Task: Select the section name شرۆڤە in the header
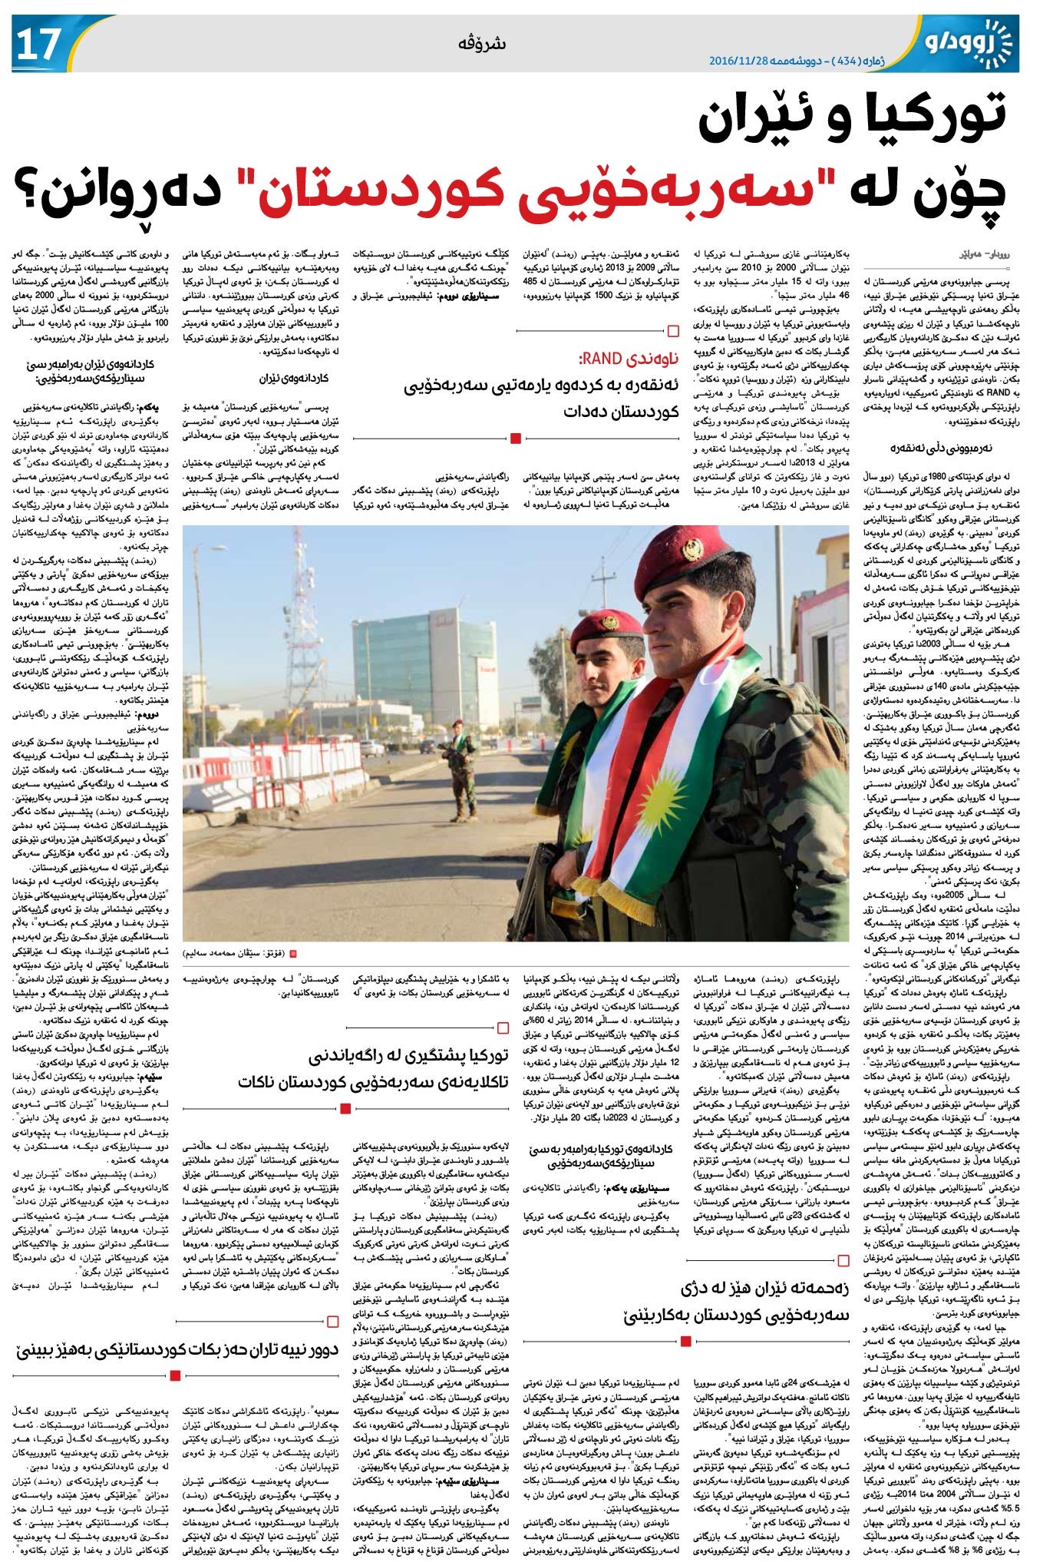coord(486,43)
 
